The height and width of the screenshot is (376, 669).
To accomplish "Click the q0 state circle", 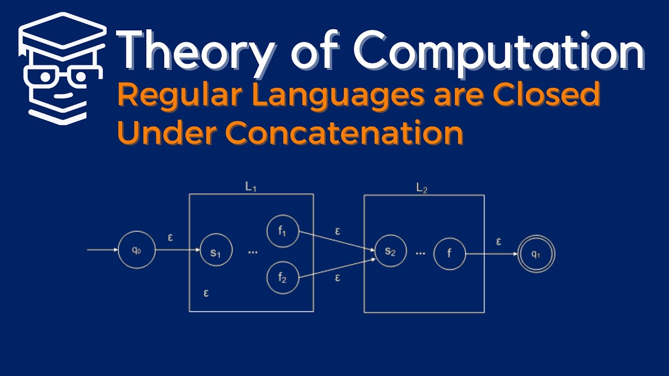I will [136, 250].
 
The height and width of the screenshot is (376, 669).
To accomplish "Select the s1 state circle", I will [216, 252].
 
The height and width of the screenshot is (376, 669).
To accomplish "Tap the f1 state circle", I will [282, 231].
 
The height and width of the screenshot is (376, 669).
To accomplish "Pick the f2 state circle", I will [282, 277].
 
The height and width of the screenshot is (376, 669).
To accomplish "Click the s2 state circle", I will [390, 251].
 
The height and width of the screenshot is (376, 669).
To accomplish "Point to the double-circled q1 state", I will [536, 254].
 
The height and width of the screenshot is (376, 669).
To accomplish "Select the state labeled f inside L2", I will [449, 254].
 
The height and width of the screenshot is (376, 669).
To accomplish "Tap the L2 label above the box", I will [422, 189].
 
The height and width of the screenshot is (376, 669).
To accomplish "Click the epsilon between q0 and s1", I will [170, 238].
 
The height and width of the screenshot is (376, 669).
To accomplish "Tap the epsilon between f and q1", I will [499, 241].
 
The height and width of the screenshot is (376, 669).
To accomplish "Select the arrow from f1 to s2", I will [337, 241].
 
